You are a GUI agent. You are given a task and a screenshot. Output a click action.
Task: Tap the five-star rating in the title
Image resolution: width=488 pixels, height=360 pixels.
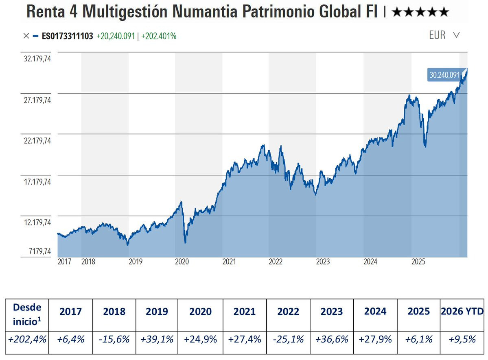click(x=420, y=12)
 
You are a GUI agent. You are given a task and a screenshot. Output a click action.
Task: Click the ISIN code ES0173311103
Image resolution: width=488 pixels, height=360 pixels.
click(x=68, y=36)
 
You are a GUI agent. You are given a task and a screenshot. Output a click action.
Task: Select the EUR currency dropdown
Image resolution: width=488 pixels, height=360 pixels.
click(x=444, y=35)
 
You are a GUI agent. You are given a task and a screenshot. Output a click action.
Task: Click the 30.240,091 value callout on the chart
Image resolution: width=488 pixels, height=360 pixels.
click(x=444, y=75)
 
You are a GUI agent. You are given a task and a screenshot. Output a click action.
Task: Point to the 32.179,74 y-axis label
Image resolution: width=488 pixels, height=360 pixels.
click(x=38, y=59)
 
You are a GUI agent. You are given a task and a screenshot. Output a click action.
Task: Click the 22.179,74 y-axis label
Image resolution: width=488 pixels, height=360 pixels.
click(x=38, y=141)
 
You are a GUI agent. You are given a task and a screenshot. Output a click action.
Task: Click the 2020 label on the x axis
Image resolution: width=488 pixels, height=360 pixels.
click(x=182, y=262)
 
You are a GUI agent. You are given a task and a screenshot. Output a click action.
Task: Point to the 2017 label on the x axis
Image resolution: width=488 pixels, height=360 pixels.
click(x=64, y=262)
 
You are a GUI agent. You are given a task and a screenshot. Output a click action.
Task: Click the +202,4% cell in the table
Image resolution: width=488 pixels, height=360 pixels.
click(x=27, y=339)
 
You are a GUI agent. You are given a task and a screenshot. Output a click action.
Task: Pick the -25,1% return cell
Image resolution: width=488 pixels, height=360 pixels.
click(x=288, y=339)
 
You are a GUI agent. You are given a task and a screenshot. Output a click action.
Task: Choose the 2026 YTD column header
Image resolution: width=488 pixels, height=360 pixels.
click(x=462, y=312)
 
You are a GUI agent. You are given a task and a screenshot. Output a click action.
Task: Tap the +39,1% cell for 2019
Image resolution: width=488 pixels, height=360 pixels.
click(x=157, y=339)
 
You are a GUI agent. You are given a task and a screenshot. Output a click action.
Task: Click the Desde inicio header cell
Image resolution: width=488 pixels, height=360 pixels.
click(x=27, y=312)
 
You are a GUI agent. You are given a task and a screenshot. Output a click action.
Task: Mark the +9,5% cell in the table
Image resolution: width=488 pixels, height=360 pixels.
click(x=462, y=339)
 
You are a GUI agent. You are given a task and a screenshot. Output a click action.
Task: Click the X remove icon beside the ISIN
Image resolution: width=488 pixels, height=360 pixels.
click(x=26, y=36)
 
